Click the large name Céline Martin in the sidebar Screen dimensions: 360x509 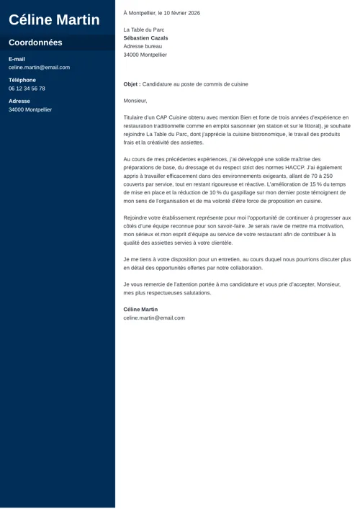[54, 19]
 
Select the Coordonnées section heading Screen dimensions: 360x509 [35, 42]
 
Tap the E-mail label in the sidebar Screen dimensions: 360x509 [17, 59]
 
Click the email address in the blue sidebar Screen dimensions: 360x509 [39, 68]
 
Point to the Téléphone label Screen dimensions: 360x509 [22, 80]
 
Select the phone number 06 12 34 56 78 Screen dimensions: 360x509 [27, 89]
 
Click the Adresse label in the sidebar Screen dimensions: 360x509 [19, 102]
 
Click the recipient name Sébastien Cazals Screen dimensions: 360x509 [145, 38]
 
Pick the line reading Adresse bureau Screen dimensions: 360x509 [143, 46]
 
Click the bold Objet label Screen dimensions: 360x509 [132, 84]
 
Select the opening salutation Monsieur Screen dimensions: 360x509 [135, 101]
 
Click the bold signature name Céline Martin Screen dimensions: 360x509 [140, 310]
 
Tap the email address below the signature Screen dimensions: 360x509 [154, 317]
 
